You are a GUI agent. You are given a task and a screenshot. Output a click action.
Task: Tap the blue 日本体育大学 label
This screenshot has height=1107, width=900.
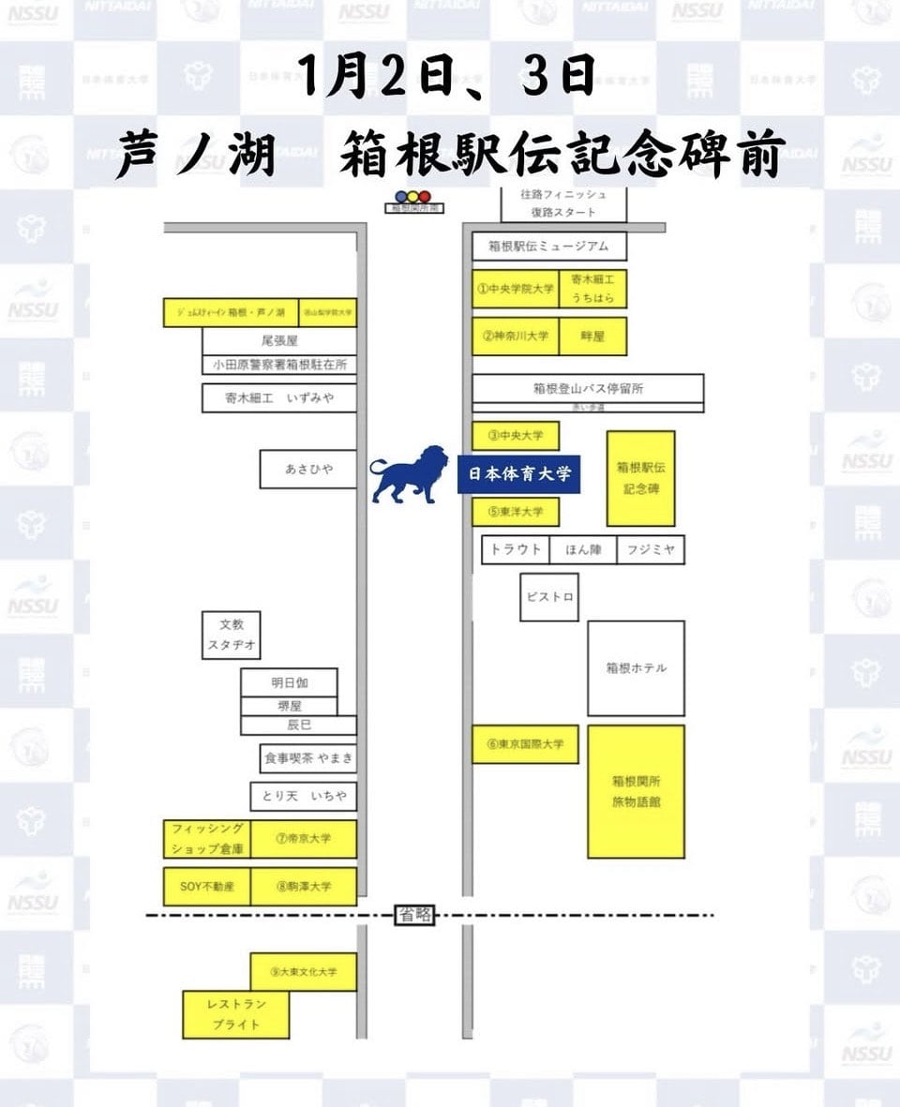pos(520,474)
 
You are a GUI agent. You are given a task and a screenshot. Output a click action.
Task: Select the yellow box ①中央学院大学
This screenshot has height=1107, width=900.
pos(515,289)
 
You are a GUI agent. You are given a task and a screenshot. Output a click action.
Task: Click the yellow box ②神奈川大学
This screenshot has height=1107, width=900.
pos(515,336)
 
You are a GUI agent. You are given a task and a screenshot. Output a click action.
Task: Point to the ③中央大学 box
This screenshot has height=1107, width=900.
pos(515,436)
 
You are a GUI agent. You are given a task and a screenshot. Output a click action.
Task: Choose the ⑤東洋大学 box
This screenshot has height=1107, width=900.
pos(515,512)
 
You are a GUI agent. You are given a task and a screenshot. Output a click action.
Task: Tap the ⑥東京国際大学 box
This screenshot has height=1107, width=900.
pos(525,744)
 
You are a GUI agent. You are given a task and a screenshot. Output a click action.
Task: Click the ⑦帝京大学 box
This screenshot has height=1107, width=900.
pos(304,839)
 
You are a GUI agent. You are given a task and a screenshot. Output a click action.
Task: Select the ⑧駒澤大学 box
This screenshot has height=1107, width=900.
pos(304,886)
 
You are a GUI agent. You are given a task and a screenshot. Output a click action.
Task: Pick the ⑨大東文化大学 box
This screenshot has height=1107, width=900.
pos(304,971)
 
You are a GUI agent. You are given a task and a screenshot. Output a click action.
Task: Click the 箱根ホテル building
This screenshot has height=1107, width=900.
pos(636,668)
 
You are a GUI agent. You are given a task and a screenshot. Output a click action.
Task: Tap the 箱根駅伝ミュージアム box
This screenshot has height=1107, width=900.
pos(548,247)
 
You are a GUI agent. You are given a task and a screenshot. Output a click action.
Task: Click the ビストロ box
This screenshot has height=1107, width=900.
pos(549,596)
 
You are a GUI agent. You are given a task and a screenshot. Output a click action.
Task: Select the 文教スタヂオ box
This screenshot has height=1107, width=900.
pos(231,636)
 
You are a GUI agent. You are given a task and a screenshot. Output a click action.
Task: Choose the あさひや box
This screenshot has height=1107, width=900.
pos(308,469)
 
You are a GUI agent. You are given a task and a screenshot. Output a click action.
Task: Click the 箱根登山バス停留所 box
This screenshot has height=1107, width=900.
pos(588,388)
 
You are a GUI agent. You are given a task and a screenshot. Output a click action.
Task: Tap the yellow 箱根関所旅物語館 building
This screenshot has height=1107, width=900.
pos(636,791)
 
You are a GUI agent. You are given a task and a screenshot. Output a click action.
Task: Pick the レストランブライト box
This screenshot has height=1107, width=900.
pos(236,1014)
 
